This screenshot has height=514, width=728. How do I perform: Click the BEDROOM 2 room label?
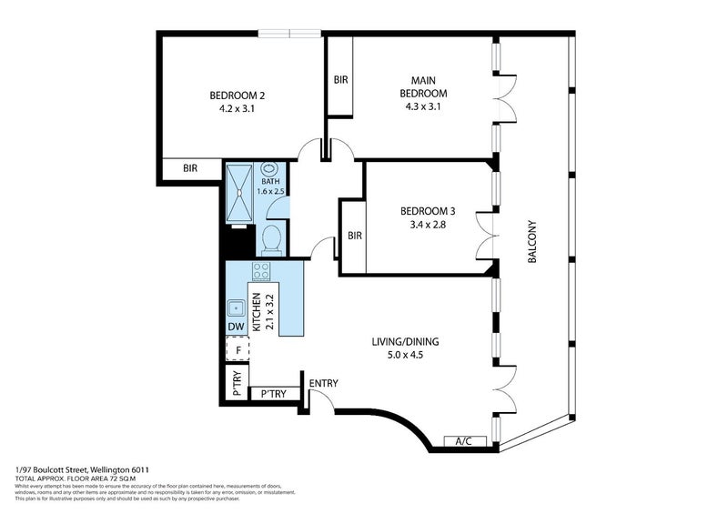pyautogui.click(x=238, y=96)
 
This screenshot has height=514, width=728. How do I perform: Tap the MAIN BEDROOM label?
pyautogui.click(x=426, y=87)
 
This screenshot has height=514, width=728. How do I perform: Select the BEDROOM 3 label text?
pyautogui.click(x=428, y=212)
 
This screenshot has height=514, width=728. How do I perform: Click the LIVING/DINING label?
pyautogui.click(x=405, y=342)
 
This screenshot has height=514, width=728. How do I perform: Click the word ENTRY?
pyautogui.click(x=323, y=383)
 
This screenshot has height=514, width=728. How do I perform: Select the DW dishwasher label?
pyautogui.click(x=236, y=328)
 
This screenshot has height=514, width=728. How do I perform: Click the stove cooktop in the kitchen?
pyautogui.click(x=262, y=271)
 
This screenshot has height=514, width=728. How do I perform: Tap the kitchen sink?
pyautogui.click(x=236, y=307)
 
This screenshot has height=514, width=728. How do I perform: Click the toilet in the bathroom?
pyautogui.click(x=271, y=239)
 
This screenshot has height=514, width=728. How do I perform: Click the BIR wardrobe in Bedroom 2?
pyautogui.click(x=190, y=169)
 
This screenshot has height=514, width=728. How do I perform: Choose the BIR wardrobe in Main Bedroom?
pyautogui.click(x=341, y=80)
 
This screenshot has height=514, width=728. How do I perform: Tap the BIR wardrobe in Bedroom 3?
pyautogui.click(x=354, y=236)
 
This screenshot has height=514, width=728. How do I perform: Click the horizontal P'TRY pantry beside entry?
pyautogui.click(x=273, y=394)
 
